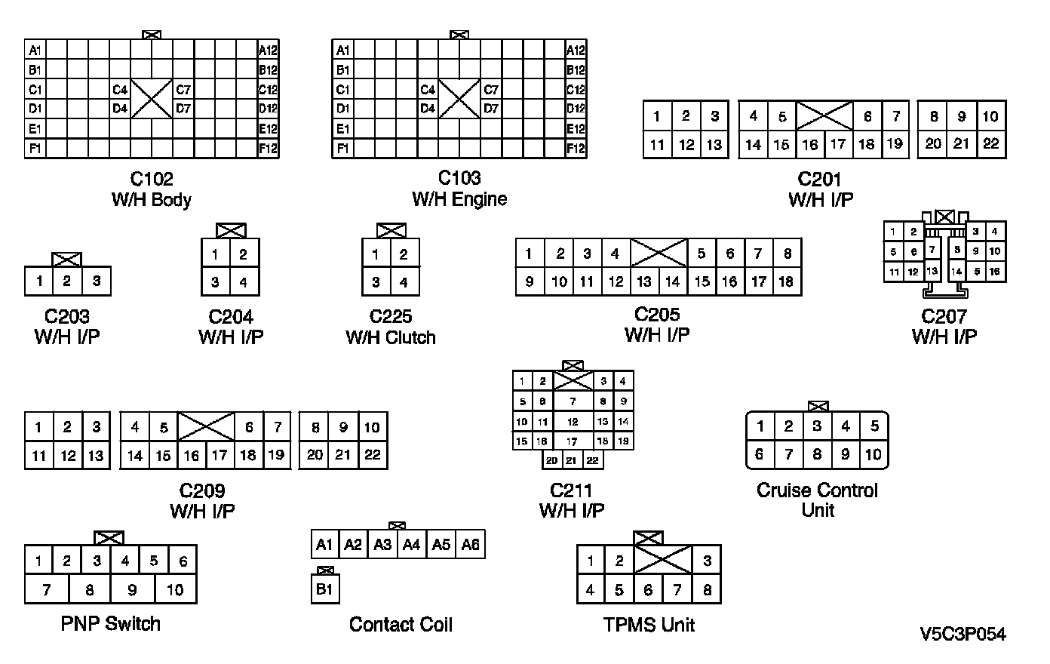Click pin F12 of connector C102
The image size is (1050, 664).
[268, 149]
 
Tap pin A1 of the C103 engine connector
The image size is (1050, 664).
[342, 51]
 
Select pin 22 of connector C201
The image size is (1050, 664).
[990, 143]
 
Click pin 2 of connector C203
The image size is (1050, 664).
[67, 281]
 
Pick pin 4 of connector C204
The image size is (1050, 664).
[244, 283]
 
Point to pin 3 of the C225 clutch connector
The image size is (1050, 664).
[376, 283]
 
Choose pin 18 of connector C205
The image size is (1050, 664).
[787, 281]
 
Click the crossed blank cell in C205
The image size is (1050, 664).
[659, 253]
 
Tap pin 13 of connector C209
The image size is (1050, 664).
[96, 455]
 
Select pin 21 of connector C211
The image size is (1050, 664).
[572, 460]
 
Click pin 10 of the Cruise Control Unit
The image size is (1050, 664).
[873, 454]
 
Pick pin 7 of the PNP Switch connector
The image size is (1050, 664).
[46, 589]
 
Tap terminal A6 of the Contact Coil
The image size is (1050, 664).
[470, 544]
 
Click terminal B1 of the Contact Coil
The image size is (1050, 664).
[324, 589]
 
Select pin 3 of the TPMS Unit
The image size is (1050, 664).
[707, 561]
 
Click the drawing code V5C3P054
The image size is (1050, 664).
[962, 635]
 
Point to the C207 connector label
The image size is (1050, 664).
[943, 317]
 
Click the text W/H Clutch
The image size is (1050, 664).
[391, 337]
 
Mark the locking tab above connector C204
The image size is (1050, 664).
[230, 230]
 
